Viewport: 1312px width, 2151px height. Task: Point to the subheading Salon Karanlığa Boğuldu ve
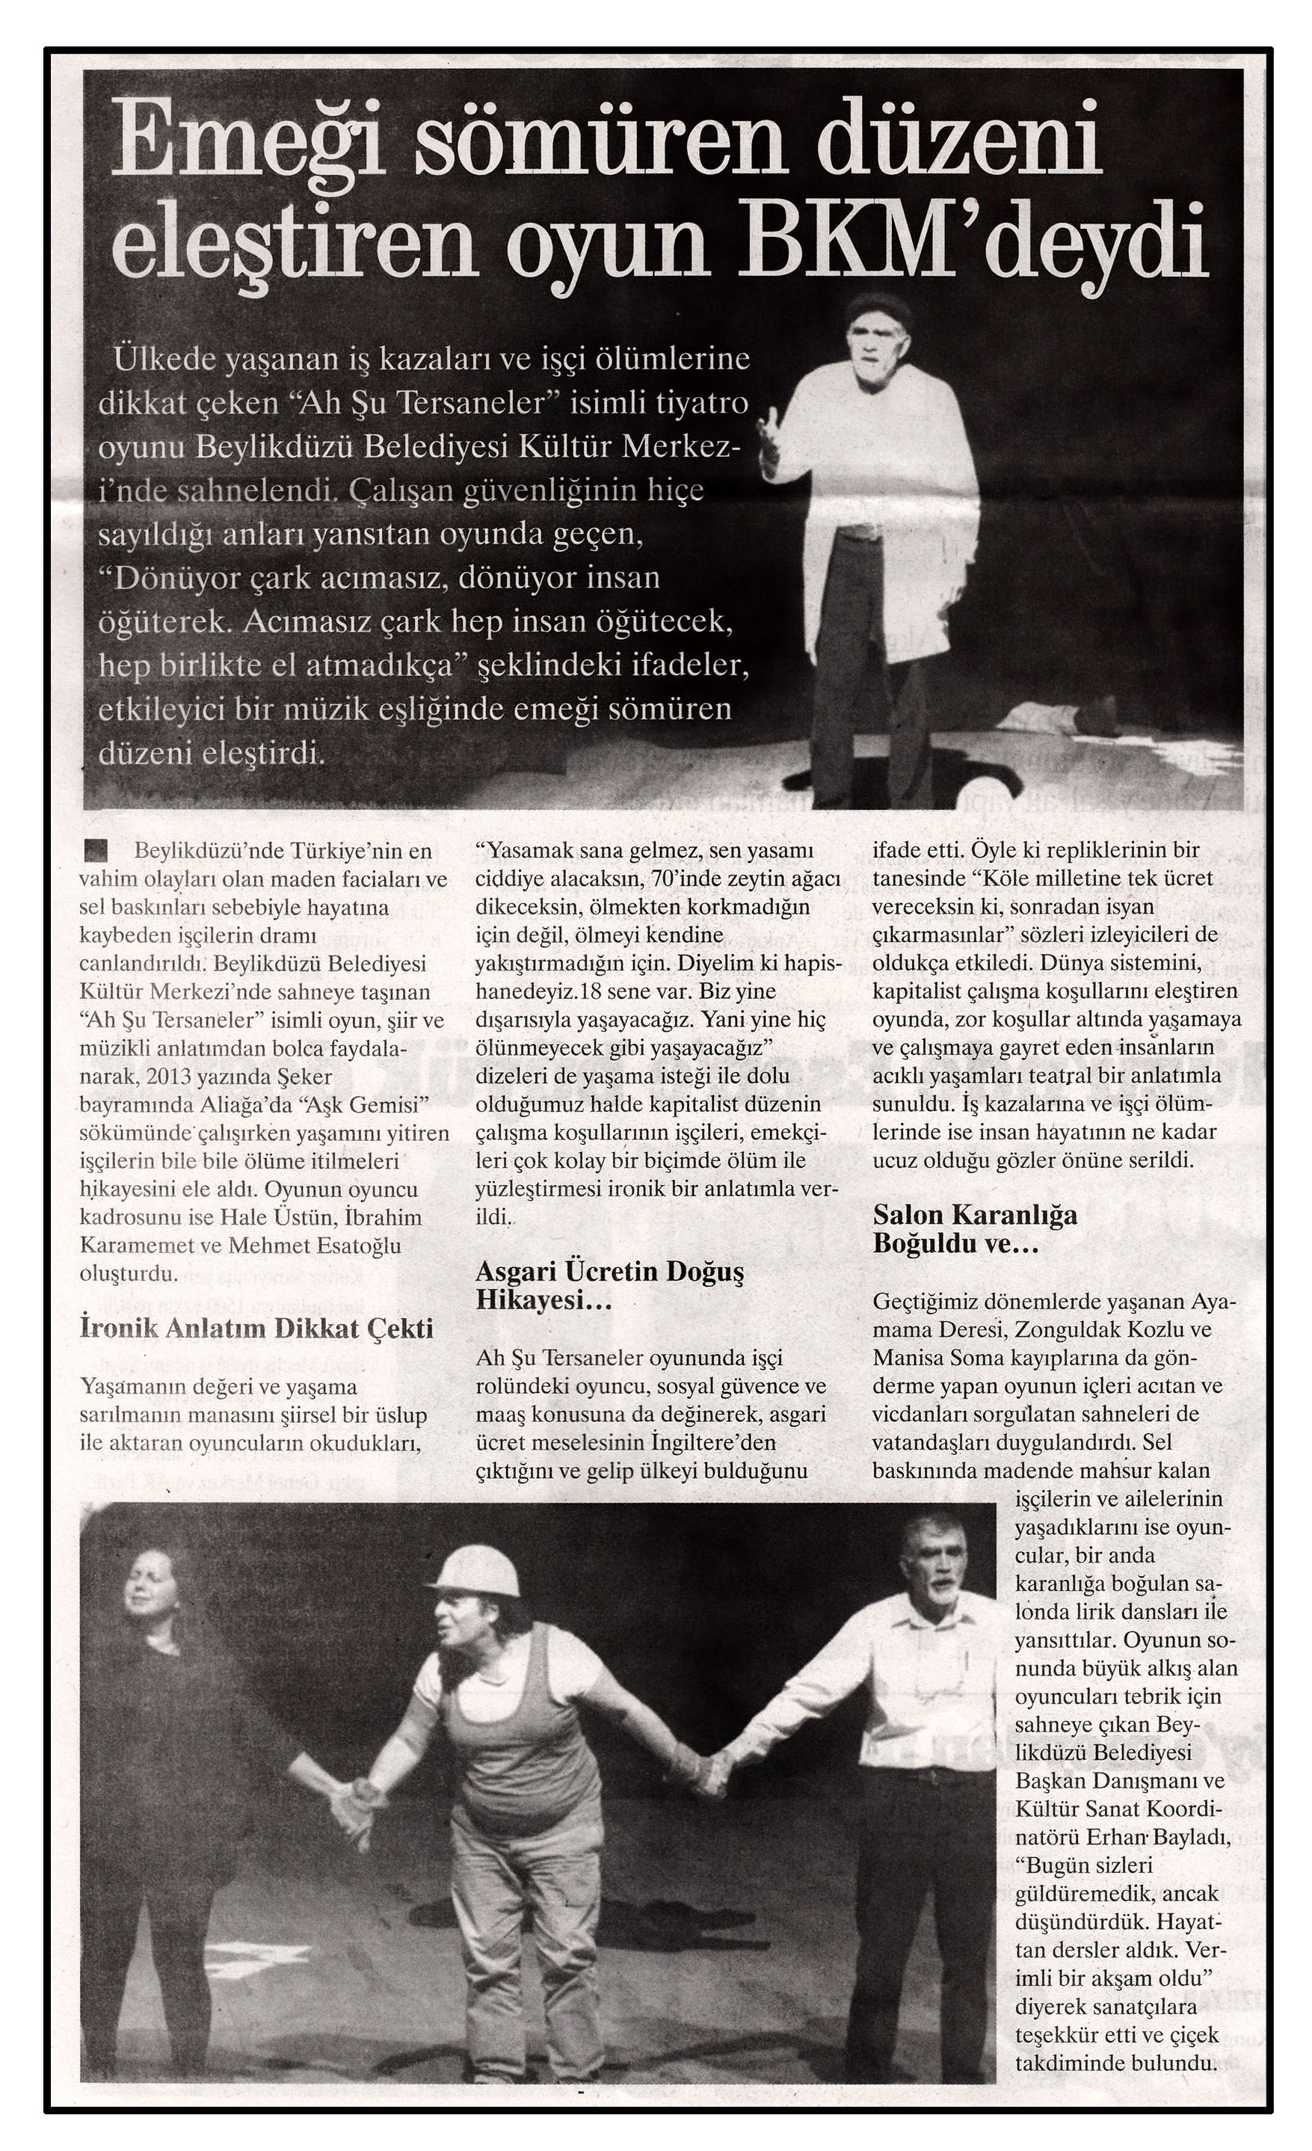(x=974, y=1228)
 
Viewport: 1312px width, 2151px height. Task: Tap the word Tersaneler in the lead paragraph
(x=475, y=403)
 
